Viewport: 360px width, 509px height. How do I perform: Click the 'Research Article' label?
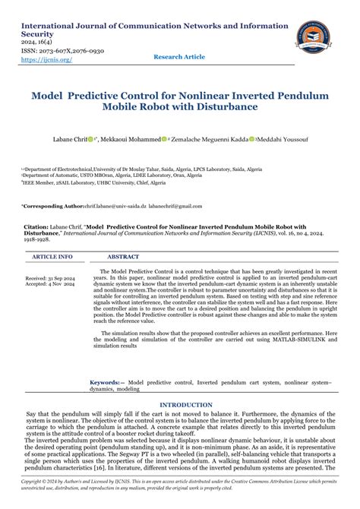(x=179, y=57)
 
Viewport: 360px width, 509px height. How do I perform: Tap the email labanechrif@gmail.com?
(x=176, y=206)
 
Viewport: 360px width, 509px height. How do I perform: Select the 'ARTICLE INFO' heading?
(x=52, y=258)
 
